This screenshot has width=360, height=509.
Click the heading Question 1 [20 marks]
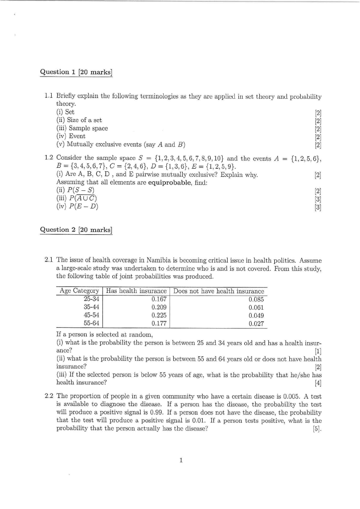(76, 72)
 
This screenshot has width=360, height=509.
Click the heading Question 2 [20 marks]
(76, 229)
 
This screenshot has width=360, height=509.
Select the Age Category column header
(79, 291)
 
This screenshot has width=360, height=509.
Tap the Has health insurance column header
(136, 291)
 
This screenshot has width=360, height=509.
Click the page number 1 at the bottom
(180, 461)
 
